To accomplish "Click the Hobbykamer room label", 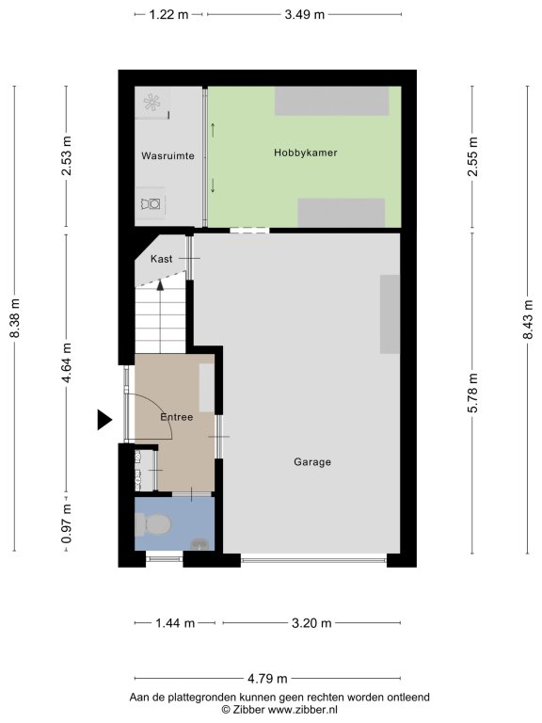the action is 306,153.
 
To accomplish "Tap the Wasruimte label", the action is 167,156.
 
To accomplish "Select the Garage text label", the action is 312,462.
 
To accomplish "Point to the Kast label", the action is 161,259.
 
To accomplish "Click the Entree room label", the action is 177,417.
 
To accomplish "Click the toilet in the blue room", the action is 152,524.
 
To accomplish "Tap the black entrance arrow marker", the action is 104,420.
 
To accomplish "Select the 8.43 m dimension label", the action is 528,319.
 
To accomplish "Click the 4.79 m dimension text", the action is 267,679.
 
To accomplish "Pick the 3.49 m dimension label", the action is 305,15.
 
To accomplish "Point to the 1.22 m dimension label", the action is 169,15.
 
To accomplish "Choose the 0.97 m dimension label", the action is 67,523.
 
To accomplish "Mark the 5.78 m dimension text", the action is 472,393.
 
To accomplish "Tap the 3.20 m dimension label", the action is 311,623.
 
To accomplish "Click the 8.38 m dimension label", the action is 15,318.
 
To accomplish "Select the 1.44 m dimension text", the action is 175,623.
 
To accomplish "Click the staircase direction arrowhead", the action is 160,284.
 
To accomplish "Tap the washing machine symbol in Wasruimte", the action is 151,203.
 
